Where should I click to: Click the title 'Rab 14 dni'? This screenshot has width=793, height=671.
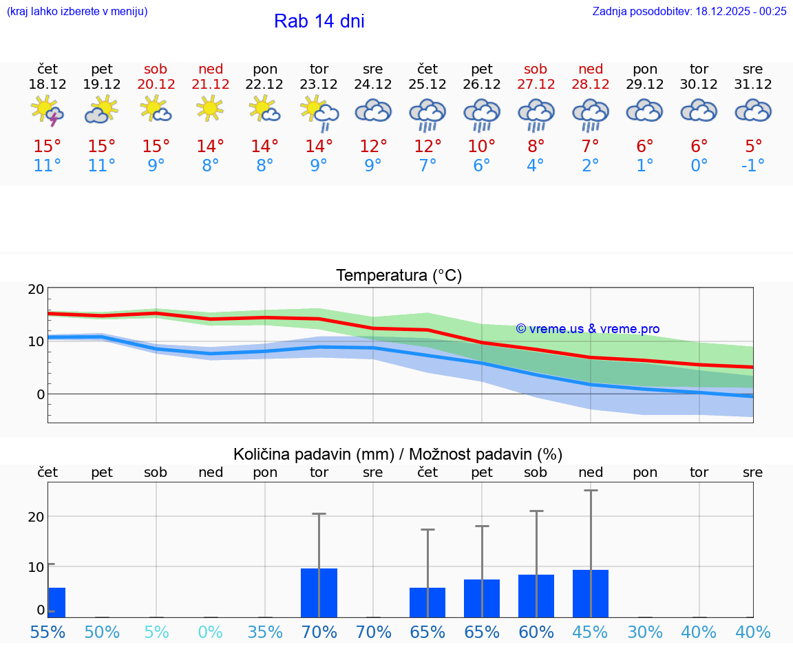coord(319,21)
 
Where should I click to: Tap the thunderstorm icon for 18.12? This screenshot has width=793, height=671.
coord(47,111)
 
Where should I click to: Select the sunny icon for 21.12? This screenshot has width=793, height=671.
coord(211,109)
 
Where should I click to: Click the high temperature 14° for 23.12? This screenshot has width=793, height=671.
coord(319,147)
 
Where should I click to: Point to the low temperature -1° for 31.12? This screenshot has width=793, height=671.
coord(753,166)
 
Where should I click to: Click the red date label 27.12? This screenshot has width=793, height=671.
coord(536,84)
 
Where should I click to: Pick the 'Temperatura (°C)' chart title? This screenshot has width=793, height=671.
coord(399,275)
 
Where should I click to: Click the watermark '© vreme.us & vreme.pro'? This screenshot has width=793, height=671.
coord(587,329)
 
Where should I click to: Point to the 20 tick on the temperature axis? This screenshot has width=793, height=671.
coord(36,289)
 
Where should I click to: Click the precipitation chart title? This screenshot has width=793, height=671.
coord(398,454)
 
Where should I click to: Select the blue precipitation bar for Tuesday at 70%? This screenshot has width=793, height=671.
coord(319,593)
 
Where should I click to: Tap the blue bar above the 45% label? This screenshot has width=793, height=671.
coord(590,593)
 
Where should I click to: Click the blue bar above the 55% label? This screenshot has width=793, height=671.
coord(56,602)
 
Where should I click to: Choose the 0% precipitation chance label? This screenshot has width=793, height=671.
coord(211,632)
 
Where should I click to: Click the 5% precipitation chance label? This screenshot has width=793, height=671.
coord(156,632)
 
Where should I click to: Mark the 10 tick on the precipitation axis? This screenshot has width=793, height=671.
coord(36,567)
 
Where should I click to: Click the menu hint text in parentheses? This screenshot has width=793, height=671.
coord(77,11)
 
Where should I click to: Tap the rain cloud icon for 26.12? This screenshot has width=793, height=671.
coord(481,114)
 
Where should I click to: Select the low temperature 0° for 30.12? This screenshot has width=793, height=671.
coord(699,166)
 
